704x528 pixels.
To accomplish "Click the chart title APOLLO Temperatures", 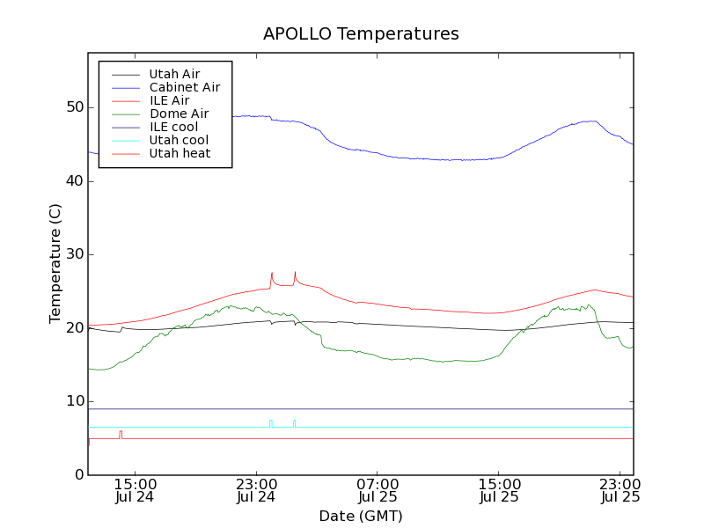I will (x=361, y=34).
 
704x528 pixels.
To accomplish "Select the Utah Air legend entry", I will (x=174, y=74).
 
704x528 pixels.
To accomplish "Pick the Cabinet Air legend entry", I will (x=184, y=87).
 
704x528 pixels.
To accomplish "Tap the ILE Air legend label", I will (x=169, y=100).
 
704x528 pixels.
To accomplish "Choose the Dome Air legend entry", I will (x=179, y=114).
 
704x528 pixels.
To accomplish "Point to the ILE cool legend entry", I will (x=173, y=127).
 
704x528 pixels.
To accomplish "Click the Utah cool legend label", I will (x=179, y=140).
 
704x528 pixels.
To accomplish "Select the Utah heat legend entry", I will (x=179, y=153).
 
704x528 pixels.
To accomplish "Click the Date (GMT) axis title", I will (x=361, y=516).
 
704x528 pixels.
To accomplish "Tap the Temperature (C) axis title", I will (x=55, y=263).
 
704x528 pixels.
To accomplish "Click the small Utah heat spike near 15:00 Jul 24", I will (x=121, y=433).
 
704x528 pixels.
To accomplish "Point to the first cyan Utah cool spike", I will (x=270, y=422).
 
